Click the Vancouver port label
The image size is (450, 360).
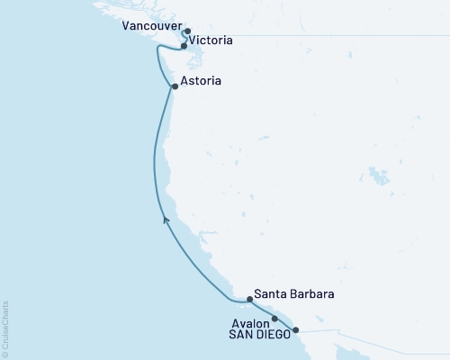click(x=149, y=28)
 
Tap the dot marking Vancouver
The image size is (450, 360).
click(x=187, y=31)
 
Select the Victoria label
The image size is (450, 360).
click(x=212, y=41)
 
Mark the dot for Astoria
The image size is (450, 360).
click(x=175, y=87)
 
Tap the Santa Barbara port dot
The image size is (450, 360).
click(x=249, y=299)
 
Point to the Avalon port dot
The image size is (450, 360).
click(x=274, y=319)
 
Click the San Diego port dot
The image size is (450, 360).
click(x=295, y=330)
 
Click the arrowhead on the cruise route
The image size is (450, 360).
click(x=165, y=219)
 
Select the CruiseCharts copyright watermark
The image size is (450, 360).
click(x=5, y=329)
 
